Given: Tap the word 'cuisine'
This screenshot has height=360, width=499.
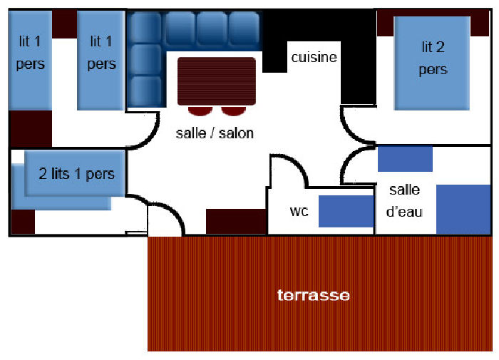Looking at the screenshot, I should click(314, 58).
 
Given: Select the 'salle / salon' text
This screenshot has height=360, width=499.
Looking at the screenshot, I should click(215, 133).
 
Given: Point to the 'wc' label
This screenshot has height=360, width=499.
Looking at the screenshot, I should click(298, 212).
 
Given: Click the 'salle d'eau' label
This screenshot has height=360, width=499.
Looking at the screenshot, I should click(405, 200).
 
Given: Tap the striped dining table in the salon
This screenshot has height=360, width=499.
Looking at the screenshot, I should click(216, 81).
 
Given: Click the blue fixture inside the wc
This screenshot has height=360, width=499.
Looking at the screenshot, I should click(346, 211).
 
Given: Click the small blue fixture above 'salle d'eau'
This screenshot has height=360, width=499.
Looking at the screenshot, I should click(405, 159).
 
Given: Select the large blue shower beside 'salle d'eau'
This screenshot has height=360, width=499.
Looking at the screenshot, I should click(463, 209).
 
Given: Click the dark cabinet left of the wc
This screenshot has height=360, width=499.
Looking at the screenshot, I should click(236, 222).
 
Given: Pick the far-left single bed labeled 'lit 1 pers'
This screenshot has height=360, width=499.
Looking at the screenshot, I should click(31, 61).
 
